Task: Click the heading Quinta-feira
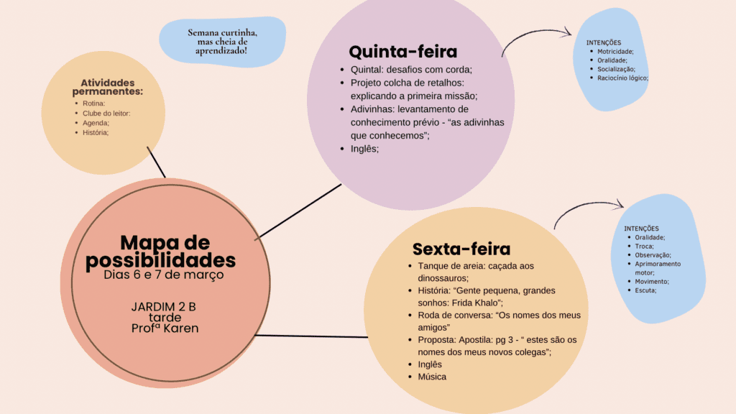(402, 52)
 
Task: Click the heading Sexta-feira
(461, 249)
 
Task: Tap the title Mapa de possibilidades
(161, 252)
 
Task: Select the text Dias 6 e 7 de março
(164, 275)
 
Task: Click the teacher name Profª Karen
(165, 328)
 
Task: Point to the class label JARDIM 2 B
(163, 307)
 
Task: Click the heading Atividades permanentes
(108, 87)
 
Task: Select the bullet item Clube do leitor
(106, 113)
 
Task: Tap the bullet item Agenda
(96, 123)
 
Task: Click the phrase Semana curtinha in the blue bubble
(223, 33)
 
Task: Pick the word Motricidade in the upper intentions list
(615, 52)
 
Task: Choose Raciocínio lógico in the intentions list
(622, 78)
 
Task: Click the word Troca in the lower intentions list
(644, 247)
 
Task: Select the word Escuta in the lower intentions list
(645, 290)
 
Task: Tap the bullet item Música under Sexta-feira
(432, 377)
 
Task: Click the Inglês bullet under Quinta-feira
(364, 149)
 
